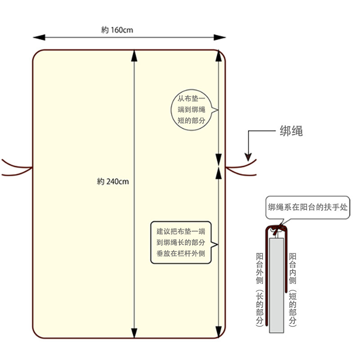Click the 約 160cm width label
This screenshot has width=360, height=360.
pos(117,30)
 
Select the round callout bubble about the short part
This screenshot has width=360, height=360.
pos(192,110)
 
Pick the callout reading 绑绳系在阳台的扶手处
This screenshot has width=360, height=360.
pos(307,208)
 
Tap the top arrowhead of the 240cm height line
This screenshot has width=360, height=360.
pos(134,54)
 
